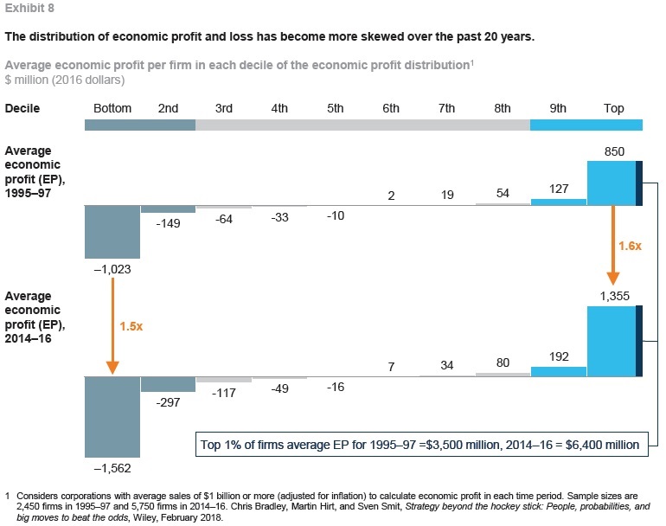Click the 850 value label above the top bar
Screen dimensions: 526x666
point(615,151)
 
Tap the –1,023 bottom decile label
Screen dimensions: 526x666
point(112,269)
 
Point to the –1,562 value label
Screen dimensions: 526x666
point(112,467)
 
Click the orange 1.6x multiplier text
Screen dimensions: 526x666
point(629,246)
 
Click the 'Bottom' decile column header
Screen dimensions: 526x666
point(112,109)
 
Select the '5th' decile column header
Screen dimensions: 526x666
point(335,109)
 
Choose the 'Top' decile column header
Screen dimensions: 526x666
point(615,109)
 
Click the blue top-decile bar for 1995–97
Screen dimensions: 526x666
point(612,183)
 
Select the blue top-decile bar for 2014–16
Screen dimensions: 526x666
point(612,341)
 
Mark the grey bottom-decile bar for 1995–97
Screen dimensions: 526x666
point(112,232)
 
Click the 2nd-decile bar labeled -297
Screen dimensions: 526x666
point(168,384)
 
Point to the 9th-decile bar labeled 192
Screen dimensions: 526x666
point(559,371)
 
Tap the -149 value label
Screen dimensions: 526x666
point(168,223)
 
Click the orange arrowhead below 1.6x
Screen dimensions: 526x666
point(612,277)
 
